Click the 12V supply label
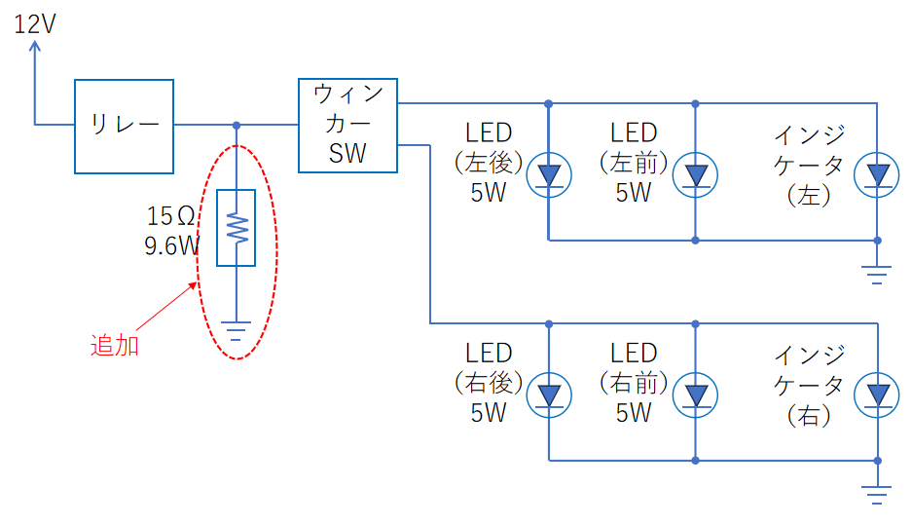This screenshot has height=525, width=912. (x=35, y=24)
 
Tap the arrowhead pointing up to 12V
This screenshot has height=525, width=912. (x=35, y=47)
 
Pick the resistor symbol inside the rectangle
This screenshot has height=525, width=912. (x=237, y=228)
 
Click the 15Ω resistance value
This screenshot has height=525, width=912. (x=170, y=216)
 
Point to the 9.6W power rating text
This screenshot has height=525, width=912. (x=172, y=245)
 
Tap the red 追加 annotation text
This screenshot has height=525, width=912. (x=115, y=346)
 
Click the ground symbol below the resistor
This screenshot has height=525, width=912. (x=237, y=330)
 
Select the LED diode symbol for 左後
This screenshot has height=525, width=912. (x=549, y=174)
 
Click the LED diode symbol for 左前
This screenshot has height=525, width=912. (x=696, y=174)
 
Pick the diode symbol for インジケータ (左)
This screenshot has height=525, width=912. (x=877, y=174)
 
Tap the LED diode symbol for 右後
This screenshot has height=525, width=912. (x=549, y=395)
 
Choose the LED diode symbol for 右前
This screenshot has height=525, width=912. (x=696, y=395)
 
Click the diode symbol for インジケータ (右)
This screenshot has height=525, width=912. (x=877, y=395)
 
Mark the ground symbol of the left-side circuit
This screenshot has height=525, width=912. (x=877, y=275)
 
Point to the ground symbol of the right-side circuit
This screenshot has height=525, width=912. (x=877, y=495)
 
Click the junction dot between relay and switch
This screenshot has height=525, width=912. (x=237, y=125)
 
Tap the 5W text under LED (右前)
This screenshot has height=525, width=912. (x=634, y=413)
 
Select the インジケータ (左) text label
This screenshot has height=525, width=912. (x=809, y=166)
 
